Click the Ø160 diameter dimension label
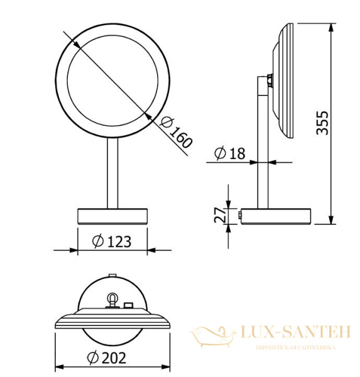177,133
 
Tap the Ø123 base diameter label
111,241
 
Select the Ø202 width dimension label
107,358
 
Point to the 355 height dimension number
321,124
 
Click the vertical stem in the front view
112,173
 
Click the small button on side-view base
241,217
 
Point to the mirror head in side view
285,82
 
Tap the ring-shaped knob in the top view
112,300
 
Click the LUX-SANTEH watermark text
295,332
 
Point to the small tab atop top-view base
112,275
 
